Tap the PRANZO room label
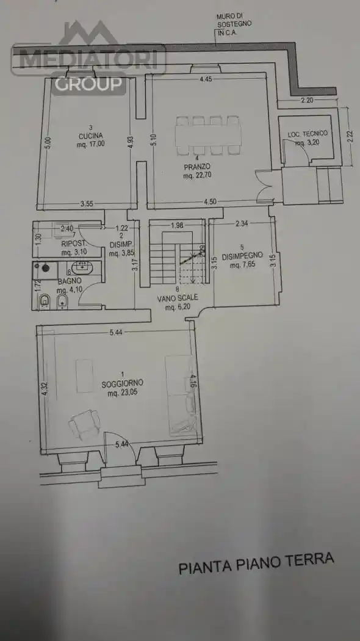[x=196, y=166]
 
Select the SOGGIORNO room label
[x=123, y=383]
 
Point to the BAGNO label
[x=69, y=281]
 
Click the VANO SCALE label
[x=178, y=300]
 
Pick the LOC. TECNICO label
[x=308, y=133]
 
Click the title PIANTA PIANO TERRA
[x=256, y=563]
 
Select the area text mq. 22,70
[x=196, y=176]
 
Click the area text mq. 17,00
[x=90, y=145]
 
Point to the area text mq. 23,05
[x=123, y=394]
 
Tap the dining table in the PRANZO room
[x=207, y=134]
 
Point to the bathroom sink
[x=81, y=267]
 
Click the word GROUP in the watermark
[x=88, y=83]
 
